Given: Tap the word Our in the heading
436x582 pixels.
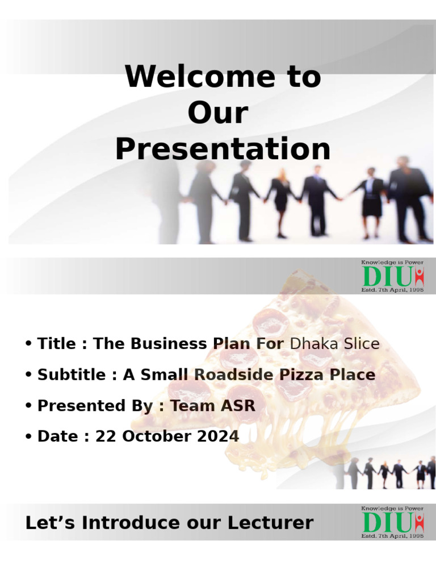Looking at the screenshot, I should point(218,113).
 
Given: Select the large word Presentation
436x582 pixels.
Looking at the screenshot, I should point(223,149).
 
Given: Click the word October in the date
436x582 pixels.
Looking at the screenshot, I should point(157,436).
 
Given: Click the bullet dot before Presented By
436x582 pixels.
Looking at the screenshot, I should point(28,406).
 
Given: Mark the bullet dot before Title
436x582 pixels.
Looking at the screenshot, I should point(28,344).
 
